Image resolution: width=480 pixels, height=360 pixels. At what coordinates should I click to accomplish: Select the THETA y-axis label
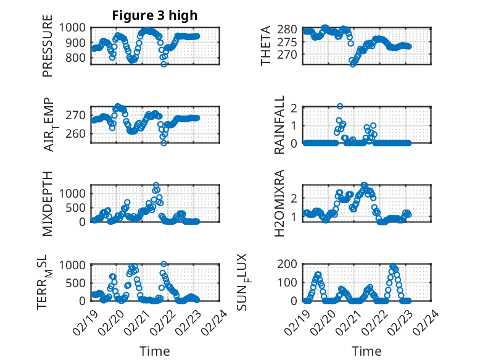tap(265, 46)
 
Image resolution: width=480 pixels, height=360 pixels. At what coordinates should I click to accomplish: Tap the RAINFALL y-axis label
tap(280, 125)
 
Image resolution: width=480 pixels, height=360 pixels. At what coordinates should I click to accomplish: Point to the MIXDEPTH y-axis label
tap(48, 203)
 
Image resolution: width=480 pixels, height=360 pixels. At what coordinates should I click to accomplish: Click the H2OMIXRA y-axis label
tap(280, 204)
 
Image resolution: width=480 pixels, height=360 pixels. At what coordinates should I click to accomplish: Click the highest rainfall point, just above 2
tap(340, 106)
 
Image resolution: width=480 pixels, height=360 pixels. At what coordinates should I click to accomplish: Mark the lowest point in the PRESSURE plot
tap(164, 64)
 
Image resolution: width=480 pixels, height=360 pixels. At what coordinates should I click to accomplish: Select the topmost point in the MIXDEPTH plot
tap(157, 185)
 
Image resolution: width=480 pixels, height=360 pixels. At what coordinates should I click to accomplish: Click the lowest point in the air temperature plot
tap(164, 143)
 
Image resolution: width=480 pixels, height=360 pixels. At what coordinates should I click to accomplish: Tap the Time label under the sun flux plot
tap(366, 351)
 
